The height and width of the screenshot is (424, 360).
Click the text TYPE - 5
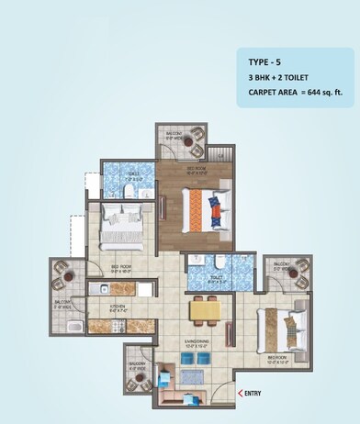pyautogui.click(x=266, y=62)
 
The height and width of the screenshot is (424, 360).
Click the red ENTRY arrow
pyautogui.click(x=241, y=394)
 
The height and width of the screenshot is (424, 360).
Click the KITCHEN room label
pyautogui.click(x=119, y=308)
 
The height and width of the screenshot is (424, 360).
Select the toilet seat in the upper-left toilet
pyautogui.click(x=136, y=191)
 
